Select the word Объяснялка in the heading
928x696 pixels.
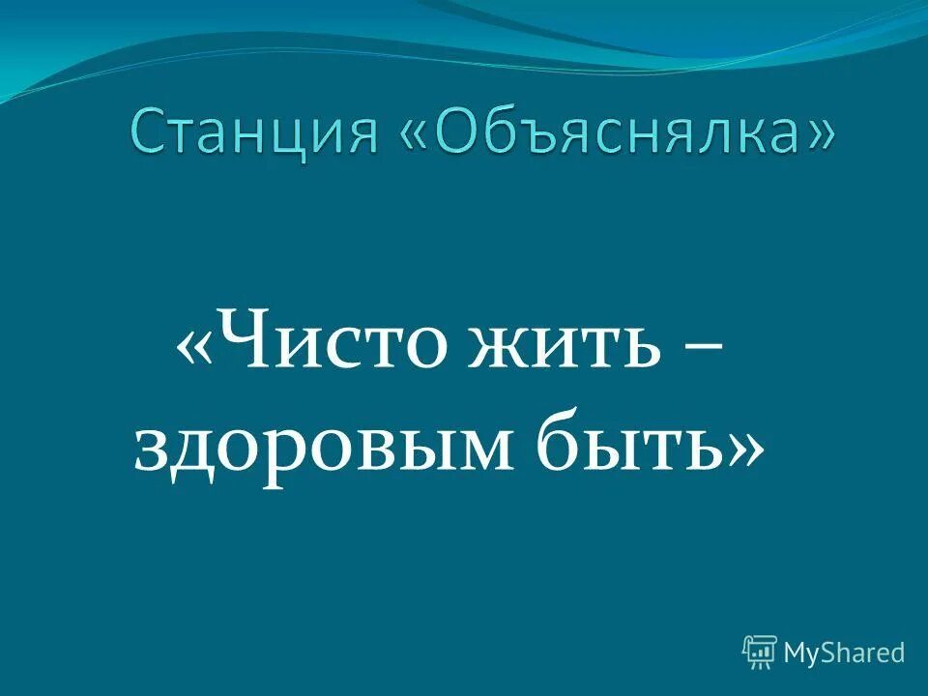pos(615,134)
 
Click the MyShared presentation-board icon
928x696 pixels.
pos(760,652)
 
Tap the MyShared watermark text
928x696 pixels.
pos(844,652)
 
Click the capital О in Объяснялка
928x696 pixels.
pos(458,134)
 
